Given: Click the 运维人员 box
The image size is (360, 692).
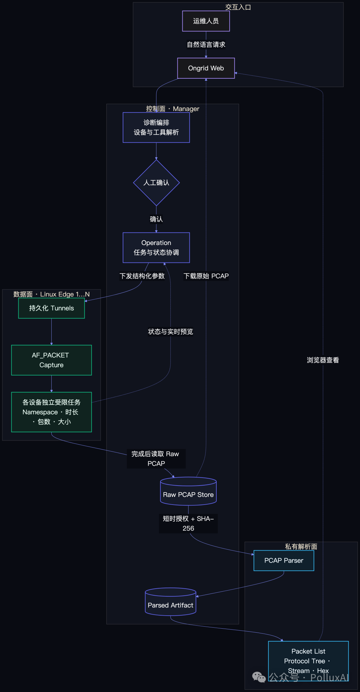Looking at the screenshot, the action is coord(206,21).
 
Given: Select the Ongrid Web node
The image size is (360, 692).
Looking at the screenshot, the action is coord(206,68).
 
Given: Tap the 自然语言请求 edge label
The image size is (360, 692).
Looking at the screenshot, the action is coord(206,45).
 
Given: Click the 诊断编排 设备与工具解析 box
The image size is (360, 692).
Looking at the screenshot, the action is coord(156,127).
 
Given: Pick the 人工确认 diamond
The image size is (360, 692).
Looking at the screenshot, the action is coord(156,183).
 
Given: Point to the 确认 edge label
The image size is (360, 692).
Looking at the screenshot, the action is coord(156,219).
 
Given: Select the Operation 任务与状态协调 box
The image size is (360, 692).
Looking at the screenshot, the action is coord(156,247).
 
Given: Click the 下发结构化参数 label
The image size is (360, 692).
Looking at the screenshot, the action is coord(142,276).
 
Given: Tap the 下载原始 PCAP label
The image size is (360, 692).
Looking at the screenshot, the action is coord(206,276).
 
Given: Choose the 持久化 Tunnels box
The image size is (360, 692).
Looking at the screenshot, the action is coord(51,308).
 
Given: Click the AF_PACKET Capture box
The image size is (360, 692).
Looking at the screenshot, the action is coord(51,360).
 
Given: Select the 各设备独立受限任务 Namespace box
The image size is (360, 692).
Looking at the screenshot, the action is coord(51,412).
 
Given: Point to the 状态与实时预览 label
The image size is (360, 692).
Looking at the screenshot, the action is coord(170,331).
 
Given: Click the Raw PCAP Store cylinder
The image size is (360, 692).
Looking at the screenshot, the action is coord(188,491).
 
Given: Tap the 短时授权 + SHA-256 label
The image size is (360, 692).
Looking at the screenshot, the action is coord(188,523).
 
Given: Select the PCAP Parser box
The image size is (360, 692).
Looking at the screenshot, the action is coord(284,561).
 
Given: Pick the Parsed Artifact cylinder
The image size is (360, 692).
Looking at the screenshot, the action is coord(170,602).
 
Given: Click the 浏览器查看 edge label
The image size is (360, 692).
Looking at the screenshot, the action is coord(323,360).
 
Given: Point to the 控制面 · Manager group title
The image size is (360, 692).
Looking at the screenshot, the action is coord(173,109).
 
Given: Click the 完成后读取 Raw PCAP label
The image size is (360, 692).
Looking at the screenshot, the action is coord(156,459).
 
